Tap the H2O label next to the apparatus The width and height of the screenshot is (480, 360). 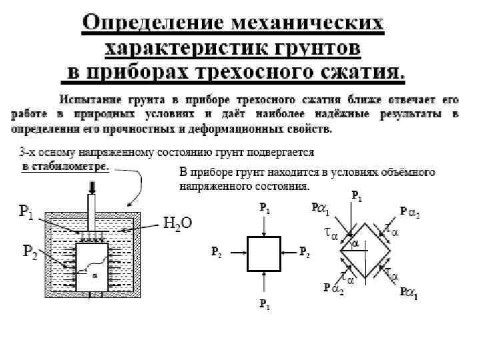(178, 223)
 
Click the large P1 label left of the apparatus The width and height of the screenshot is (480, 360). (27, 213)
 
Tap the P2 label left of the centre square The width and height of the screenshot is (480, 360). (216, 253)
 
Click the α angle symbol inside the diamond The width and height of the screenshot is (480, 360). (355, 245)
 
